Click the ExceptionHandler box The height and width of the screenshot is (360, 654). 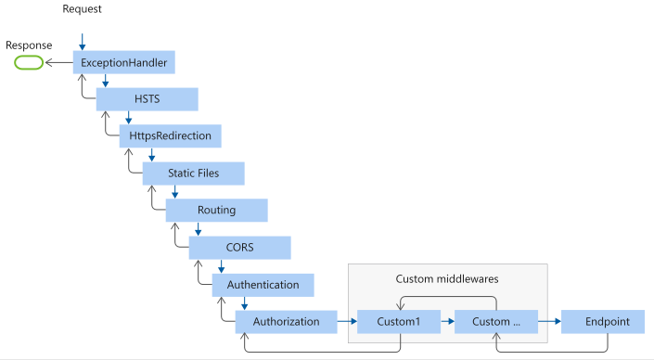pyautogui.click(x=123, y=63)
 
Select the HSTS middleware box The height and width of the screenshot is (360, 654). pyautogui.click(x=147, y=99)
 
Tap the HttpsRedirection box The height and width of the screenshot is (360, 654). pyautogui.click(x=170, y=136)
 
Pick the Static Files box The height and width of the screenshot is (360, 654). pyautogui.click(x=193, y=174)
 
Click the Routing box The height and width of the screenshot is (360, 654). pyautogui.click(x=216, y=211)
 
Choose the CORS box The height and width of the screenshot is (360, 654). pyautogui.click(x=239, y=248)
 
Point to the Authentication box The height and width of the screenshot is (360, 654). pyautogui.click(x=263, y=285)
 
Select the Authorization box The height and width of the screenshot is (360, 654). pyautogui.click(x=286, y=322)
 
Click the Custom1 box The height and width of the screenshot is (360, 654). pyautogui.click(x=400, y=322)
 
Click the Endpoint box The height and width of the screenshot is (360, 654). pyautogui.click(x=608, y=322)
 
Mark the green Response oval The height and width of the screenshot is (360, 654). pyautogui.click(x=28, y=63)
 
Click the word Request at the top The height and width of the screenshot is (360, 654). pyautogui.click(x=82, y=8)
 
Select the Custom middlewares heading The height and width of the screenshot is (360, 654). pyautogui.click(x=447, y=278)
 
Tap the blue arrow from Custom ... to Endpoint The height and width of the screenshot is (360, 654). pyautogui.click(x=549, y=322)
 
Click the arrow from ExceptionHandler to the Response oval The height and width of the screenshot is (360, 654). pyautogui.click(x=58, y=63)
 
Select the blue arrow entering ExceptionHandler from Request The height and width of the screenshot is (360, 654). pyautogui.click(x=82, y=43)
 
